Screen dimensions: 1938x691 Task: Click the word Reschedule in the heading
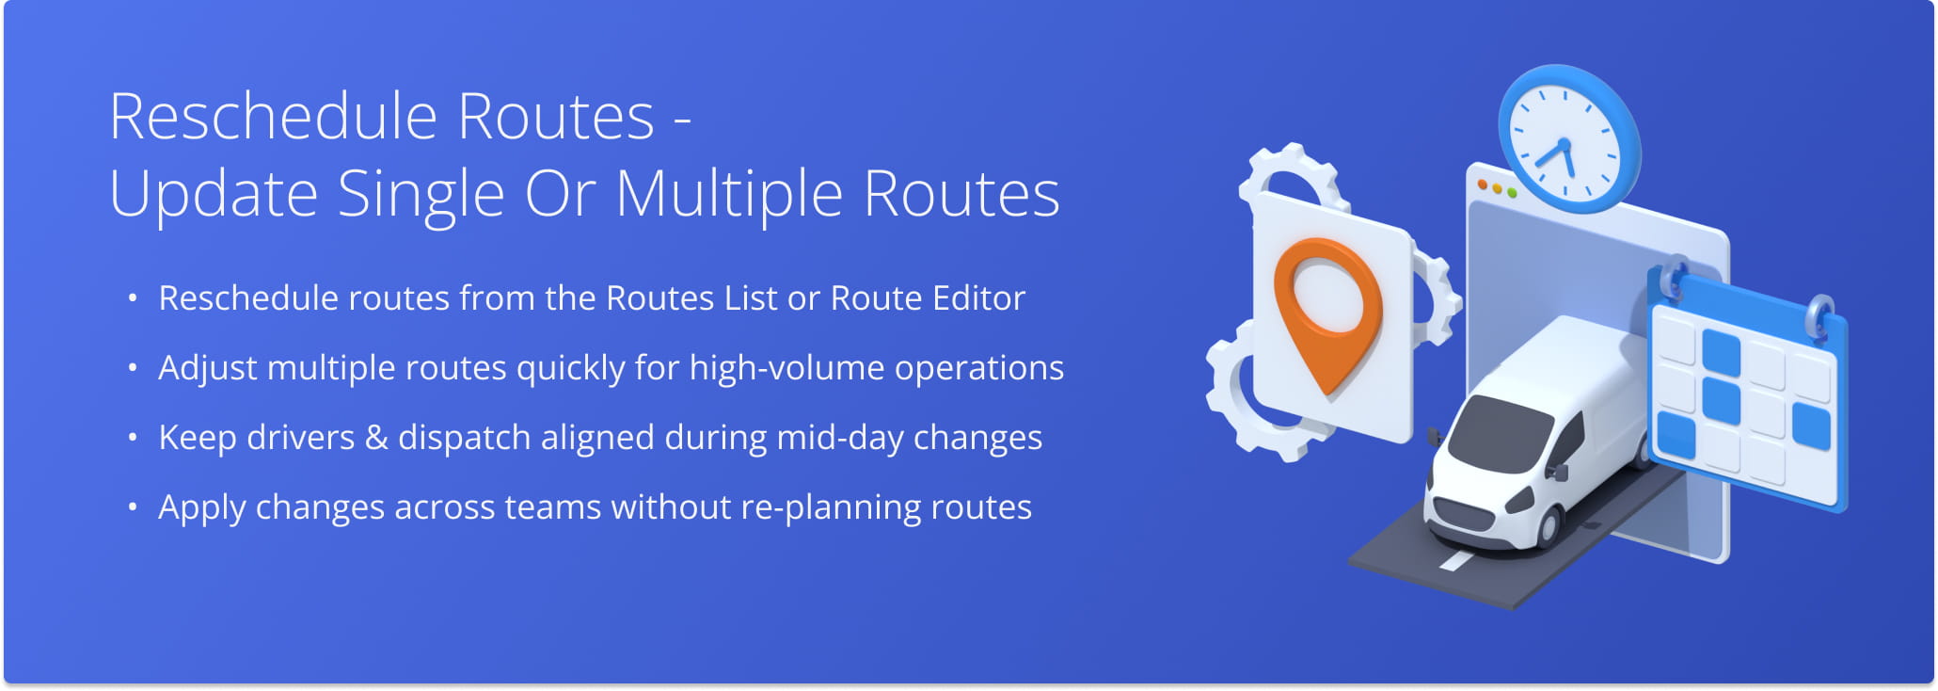274,117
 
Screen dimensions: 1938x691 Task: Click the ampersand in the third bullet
376,438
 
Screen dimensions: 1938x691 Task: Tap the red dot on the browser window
1483,185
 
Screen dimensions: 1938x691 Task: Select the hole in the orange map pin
1327,297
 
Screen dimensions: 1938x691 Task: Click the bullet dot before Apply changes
133,508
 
